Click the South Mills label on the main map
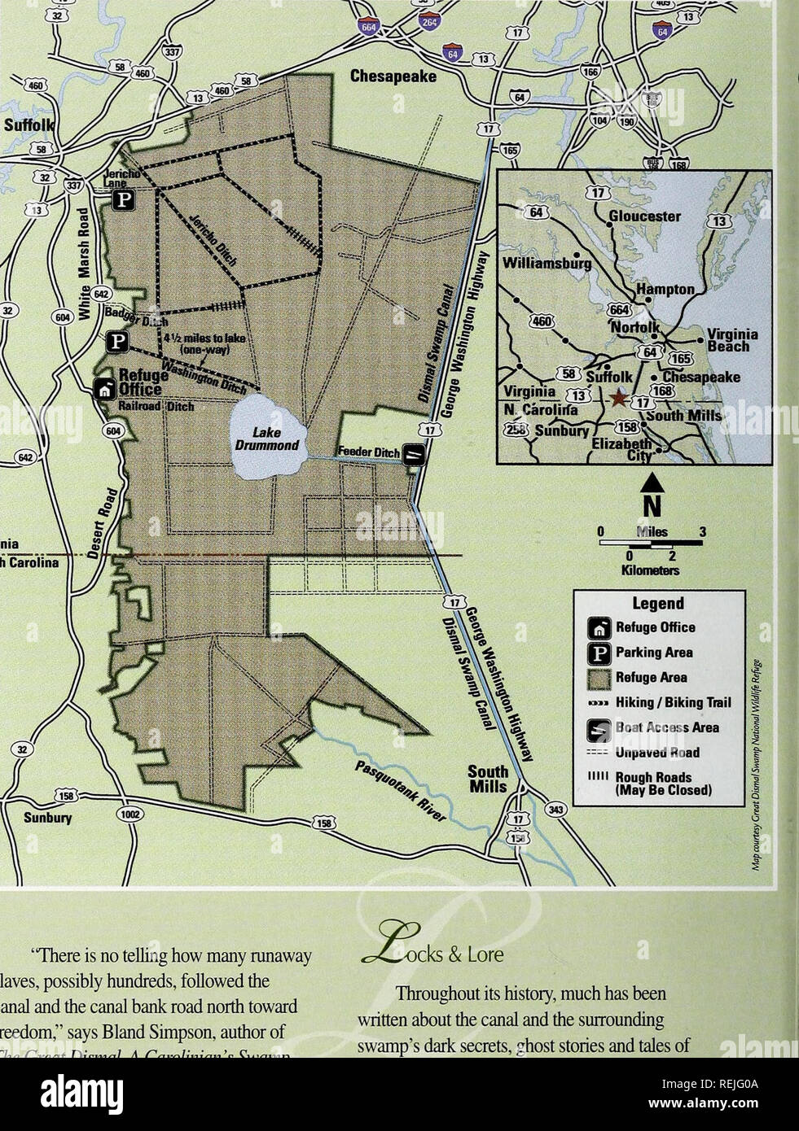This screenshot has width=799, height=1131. coord(488,779)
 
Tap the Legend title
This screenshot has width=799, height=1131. coord(658,604)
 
